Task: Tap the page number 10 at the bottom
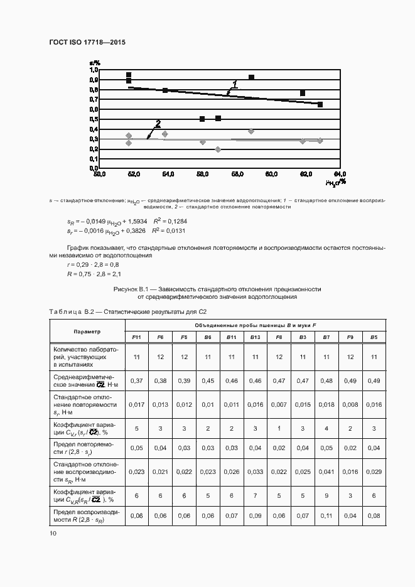(x=53, y=533)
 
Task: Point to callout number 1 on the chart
(x=235, y=83)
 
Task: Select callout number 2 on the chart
(x=158, y=123)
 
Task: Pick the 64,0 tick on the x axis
(x=340, y=174)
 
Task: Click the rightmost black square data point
(x=320, y=104)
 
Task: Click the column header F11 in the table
(x=136, y=337)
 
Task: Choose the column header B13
(x=255, y=337)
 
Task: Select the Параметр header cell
(x=87, y=331)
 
